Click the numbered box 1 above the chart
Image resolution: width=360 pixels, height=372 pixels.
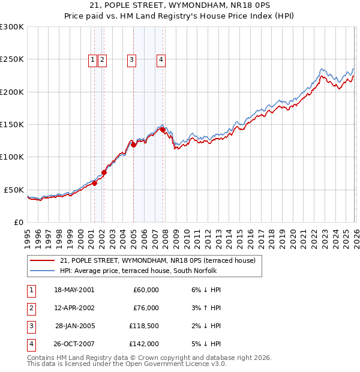click(x=93, y=59)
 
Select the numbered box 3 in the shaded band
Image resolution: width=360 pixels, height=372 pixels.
click(x=131, y=59)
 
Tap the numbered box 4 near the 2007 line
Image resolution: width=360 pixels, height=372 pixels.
click(x=161, y=59)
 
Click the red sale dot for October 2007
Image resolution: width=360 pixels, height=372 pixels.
click(x=163, y=129)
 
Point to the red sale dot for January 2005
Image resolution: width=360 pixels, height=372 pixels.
click(x=133, y=145)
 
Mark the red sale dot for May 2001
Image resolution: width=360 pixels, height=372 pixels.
click(x=94, y=183)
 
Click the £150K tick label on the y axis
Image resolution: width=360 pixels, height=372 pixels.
click(x=11, y=124)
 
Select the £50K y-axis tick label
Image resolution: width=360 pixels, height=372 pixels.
click(x=13, y=190)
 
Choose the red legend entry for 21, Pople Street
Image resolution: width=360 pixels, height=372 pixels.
click(x=158, y=260)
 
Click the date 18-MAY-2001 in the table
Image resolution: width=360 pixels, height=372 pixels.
click(x=74, y=290)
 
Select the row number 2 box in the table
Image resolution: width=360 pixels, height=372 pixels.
click(x=30, y=308)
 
